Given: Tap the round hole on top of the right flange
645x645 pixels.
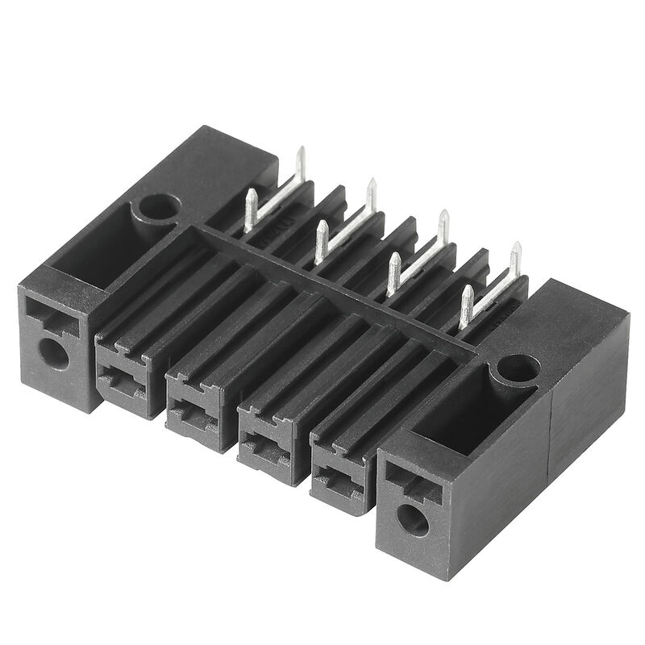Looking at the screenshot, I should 518,368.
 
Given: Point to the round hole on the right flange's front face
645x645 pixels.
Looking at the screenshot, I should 413,520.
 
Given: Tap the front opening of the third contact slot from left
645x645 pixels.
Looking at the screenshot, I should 263,444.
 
